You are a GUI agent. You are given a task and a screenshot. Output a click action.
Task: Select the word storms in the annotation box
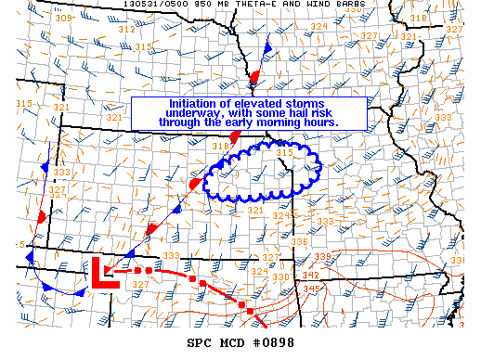point(300,104)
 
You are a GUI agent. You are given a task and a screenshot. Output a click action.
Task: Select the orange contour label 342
point(310,276)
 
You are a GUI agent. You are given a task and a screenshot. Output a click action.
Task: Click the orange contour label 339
point(322,256)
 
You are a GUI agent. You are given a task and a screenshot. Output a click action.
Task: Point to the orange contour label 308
point(63,19)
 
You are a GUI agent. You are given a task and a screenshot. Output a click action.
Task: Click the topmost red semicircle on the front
point(254,74)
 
